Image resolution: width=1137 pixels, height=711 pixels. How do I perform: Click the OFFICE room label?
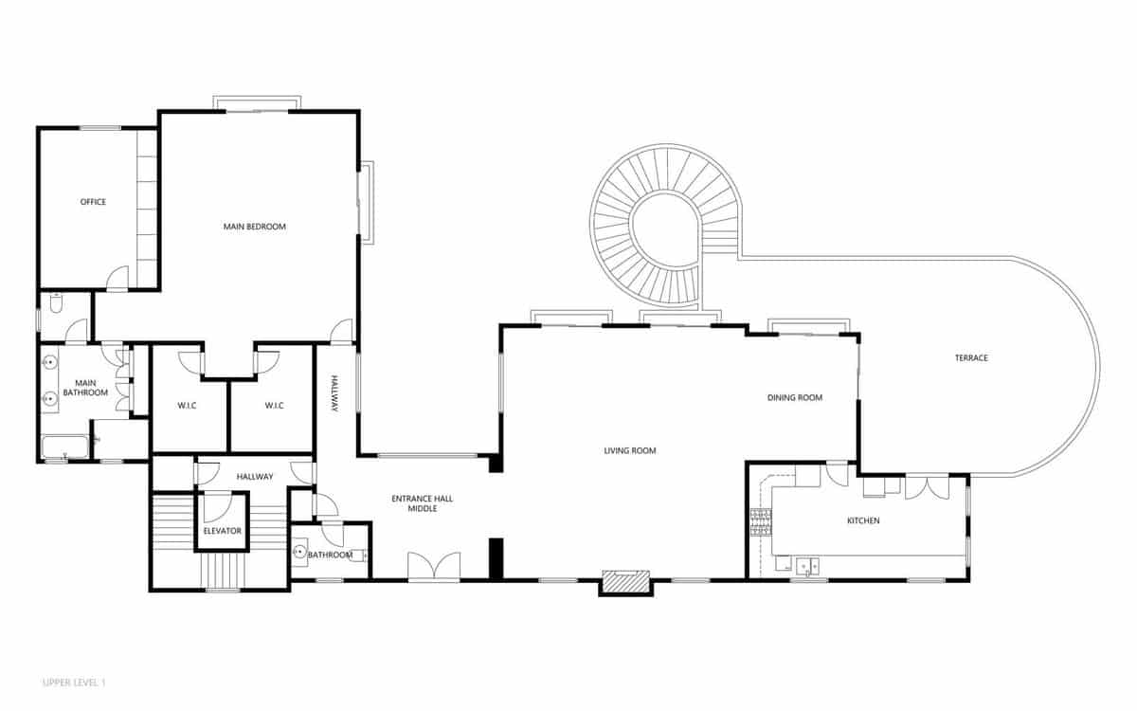[93, 202]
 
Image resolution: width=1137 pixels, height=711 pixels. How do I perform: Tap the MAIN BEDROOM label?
[254, 227]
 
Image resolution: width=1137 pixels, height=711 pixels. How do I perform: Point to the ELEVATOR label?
[223, 530]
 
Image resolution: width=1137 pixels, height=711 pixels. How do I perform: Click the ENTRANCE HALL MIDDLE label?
[422, 503]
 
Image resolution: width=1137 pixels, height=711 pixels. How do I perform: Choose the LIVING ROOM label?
[630, 450]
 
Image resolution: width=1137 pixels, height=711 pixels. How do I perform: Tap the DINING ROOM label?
[795, 397]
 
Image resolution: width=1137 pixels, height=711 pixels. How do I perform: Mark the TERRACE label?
[971, 357]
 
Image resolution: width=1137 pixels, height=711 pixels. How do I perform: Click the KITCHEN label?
[863, 520]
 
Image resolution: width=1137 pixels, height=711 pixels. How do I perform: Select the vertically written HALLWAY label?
[334, 393]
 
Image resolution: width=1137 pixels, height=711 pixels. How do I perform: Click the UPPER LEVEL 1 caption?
[81, 682]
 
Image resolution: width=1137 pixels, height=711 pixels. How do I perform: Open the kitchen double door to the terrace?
[927, 487]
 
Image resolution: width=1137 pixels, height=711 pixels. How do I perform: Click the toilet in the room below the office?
[55, 305]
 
